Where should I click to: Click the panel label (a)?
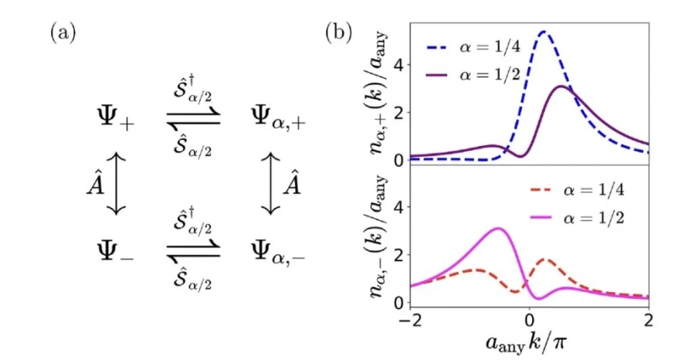pyautogui.click(x=63, y=33)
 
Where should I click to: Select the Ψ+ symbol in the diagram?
pyautogui.click(x=116, y=119)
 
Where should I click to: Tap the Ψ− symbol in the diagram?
pyautogui.click(x=116, y=250)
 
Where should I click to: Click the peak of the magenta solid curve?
pyautogui.click(x=499, y=229)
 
